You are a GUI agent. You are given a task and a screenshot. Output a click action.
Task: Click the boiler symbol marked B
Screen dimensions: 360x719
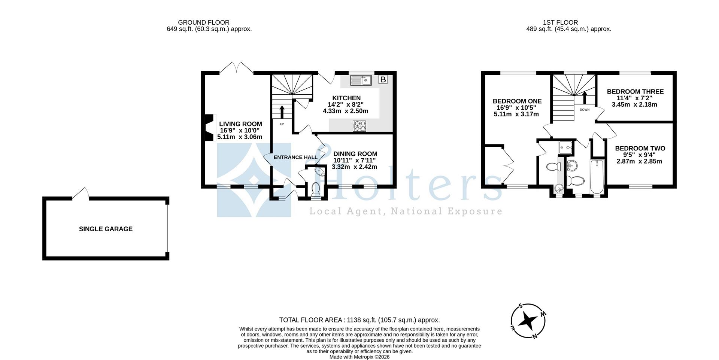point(383,79)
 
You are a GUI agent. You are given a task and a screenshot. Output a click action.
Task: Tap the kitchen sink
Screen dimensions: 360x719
point(360,80)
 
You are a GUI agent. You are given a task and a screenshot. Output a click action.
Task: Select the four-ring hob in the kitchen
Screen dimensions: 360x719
point(359,126)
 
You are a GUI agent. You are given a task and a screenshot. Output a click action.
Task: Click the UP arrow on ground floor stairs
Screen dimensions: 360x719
point(282,112)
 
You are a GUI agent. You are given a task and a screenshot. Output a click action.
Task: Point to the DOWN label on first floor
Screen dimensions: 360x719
point(584,110)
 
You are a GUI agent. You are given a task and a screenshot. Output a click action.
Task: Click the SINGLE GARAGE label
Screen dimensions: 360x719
point(106,229)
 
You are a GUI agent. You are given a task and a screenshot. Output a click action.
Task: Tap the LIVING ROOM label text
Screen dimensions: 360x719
point(240,124)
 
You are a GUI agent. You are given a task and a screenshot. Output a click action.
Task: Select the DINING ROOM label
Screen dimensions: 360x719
point(355,154)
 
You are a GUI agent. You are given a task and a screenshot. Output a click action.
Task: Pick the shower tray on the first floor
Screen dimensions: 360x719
point(566,148)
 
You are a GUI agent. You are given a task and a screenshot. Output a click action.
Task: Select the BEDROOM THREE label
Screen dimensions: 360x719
point(635,92)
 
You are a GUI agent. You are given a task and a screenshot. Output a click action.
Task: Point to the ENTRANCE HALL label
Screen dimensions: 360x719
point(295,157)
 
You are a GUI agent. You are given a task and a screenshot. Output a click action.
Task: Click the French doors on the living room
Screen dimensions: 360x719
point(236,68)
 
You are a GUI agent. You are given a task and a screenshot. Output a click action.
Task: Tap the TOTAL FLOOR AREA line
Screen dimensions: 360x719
point(359,320)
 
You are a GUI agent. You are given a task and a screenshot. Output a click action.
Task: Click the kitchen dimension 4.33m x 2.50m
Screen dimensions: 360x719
point(345,111)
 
